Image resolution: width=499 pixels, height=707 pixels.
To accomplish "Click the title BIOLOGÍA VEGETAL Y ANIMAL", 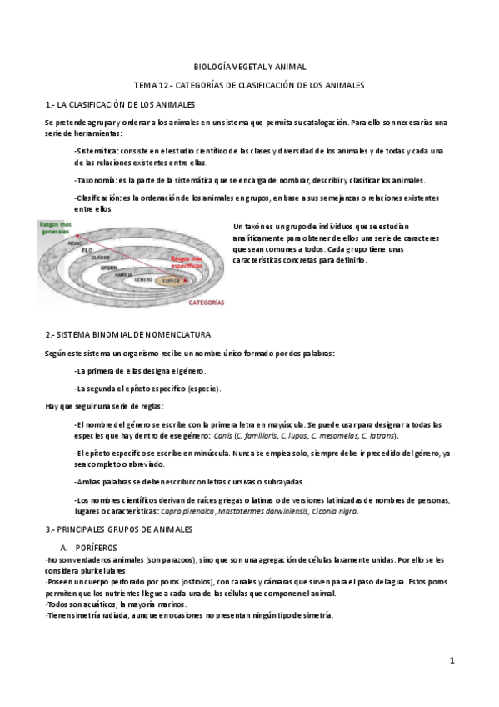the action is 249,66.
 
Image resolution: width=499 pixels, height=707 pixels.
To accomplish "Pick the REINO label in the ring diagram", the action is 75,243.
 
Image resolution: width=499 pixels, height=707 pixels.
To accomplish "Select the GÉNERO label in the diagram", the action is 142,280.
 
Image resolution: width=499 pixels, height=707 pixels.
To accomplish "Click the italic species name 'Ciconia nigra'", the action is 332,512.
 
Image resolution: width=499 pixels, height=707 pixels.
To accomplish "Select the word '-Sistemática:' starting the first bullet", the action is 97,151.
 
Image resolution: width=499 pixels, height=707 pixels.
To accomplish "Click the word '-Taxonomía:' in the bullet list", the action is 97,180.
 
